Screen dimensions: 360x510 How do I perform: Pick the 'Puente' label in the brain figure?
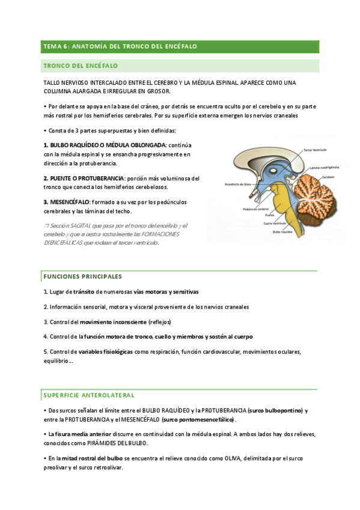[269, 214]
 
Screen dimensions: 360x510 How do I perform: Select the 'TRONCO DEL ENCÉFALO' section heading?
[81, 65]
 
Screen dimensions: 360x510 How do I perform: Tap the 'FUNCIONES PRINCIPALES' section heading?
[82, 276]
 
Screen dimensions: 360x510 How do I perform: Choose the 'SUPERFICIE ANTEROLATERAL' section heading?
[89, 395]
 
